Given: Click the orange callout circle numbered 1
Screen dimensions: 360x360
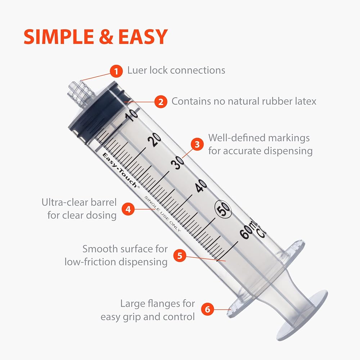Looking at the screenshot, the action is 116,71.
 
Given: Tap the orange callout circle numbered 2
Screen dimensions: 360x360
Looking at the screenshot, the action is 161,102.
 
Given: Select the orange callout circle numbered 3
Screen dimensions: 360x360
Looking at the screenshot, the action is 197,144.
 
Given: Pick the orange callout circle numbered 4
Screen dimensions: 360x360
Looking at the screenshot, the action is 128,209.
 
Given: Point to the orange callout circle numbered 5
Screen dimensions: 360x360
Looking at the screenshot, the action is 180,256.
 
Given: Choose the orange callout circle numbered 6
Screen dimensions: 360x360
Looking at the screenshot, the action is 208,309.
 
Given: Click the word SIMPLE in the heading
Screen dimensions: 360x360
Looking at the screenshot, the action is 59,37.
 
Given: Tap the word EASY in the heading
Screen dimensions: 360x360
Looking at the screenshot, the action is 143,37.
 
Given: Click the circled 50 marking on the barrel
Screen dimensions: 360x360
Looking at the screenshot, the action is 223,208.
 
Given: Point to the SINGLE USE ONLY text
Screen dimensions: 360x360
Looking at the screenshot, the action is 162,213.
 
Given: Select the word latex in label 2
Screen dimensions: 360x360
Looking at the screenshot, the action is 306,101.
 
